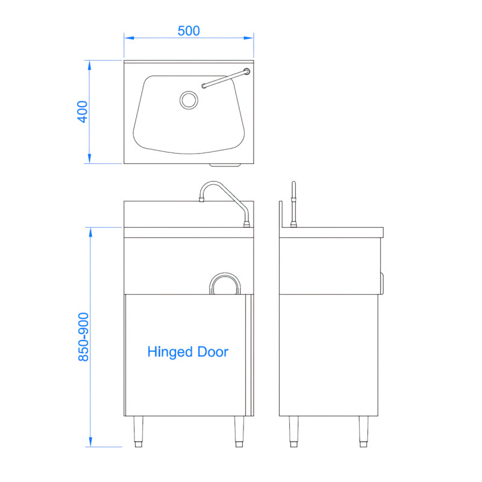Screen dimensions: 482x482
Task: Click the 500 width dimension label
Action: pos(189,31)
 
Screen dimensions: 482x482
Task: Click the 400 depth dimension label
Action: pos(83,111)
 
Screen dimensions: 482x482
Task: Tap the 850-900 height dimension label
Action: pos(83,337)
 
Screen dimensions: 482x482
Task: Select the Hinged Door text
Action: pos(188,352)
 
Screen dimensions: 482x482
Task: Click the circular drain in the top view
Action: pos(189,99)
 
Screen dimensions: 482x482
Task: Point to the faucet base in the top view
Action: pos(246,72)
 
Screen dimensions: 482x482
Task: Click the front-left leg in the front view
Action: pos(137,431)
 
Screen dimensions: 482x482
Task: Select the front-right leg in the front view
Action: pos(239,431)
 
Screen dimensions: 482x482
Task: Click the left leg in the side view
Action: pos(294,431)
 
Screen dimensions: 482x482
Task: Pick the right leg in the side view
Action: pos(363,431)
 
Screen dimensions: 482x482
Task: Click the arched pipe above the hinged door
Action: pos(225,283)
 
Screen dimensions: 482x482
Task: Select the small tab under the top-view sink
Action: pos(225,165)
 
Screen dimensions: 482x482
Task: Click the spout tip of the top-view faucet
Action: pos(204,87)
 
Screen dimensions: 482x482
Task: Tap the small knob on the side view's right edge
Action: pos(382,280)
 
